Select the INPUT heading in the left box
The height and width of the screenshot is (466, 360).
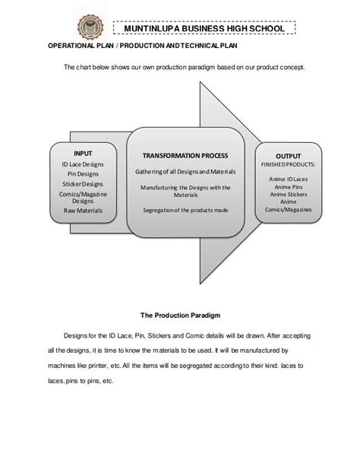(x=84, y=154)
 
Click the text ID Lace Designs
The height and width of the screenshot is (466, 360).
(x=84, y=164)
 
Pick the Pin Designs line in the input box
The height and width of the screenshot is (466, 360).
(x=84, y=173)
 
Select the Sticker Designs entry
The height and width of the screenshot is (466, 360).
(x=84, y=183)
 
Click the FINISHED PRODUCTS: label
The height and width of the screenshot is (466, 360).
(x=288, y=164)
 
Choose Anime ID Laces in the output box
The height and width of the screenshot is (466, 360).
(x=288, y=179)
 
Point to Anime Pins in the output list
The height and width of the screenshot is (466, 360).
(x=288, y=188)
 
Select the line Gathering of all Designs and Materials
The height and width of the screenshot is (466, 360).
(x=185, y=172)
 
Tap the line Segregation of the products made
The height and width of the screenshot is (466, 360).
(x=185, y=210)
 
